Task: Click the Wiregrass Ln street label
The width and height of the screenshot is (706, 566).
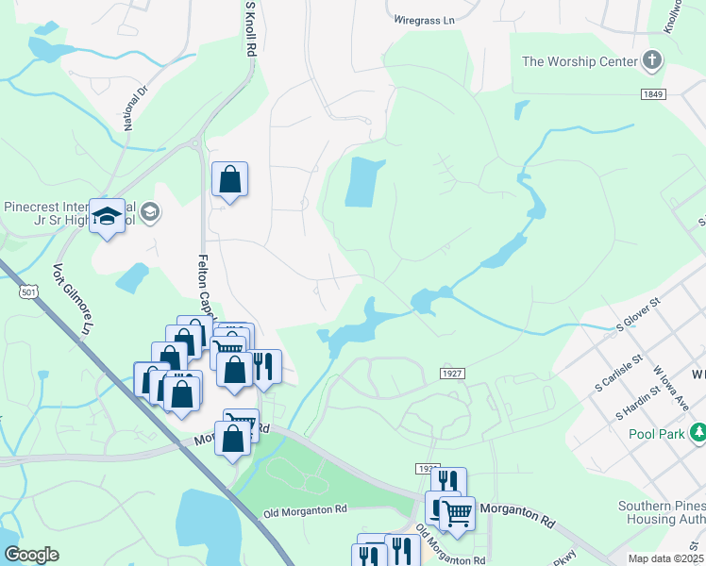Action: click(x=424, y=18)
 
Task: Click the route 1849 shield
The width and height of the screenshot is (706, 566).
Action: click(x=654, y=94)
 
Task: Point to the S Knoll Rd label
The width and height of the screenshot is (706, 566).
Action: click(x=251, y=29)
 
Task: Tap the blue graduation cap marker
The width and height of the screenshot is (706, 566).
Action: click(x=107, y=216)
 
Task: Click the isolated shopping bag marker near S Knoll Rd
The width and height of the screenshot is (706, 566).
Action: click(x=229, y=179)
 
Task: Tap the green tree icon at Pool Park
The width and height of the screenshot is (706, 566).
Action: click(x=698, y=433)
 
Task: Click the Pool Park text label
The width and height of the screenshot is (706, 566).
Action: click(x=658, y=434)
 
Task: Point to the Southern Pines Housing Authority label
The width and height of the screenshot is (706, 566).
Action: click(x=662, y=512)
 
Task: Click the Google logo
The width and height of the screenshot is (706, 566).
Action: click(x=31, y=555)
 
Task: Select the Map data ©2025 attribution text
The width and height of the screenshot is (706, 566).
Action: click(x=665, y=558)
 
